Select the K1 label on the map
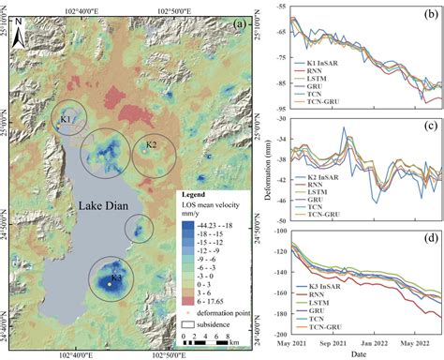(65, 120)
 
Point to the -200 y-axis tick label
(280, 334)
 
